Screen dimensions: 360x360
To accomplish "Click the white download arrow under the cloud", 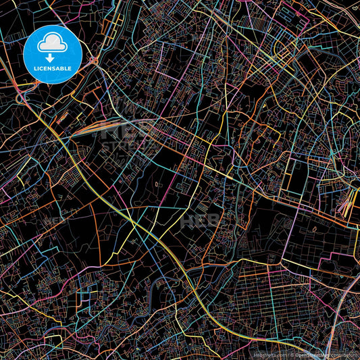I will (53, 57).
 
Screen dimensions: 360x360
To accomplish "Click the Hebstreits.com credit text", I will (270, 354).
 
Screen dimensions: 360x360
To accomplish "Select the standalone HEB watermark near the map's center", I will (200, 220).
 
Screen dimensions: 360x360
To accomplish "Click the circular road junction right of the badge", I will (94, 61).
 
